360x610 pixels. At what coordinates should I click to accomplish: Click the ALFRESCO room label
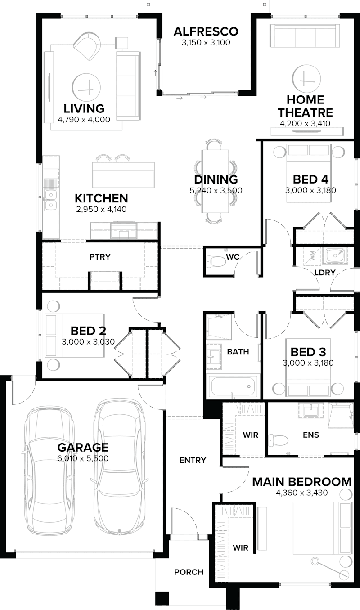[x=206, y=31]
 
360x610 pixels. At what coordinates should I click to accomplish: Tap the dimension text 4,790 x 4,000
[x=84, y=119]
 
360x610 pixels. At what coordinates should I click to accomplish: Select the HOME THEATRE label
[x=306, y=106]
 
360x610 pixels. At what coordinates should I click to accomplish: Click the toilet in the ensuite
[x=279, y=440]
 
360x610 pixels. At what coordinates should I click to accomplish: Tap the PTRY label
[x=100, y=257]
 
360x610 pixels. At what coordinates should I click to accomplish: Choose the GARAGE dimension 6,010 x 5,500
[x=83, y=458]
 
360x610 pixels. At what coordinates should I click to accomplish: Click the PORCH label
[x=189, y=572]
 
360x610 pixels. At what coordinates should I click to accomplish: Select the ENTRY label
[x=193, y=460]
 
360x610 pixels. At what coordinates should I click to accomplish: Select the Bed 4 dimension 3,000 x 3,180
[x=310, y=190]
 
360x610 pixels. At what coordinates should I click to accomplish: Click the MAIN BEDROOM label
[x=301, y=482]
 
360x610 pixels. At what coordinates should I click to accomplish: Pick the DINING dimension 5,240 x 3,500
[x=216, y=190]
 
